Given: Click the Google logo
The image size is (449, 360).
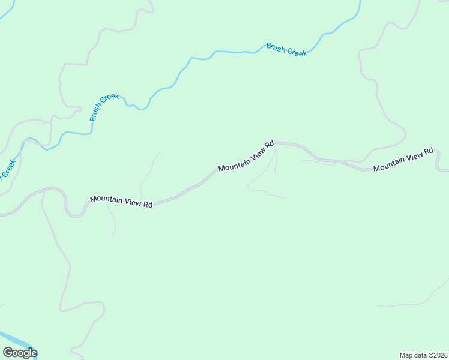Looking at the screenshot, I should point(20,353).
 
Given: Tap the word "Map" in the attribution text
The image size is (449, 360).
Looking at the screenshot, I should point(407,355).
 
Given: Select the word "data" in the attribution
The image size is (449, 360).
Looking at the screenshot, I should point(422,355).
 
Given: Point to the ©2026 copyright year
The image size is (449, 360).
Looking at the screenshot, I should point(438,355).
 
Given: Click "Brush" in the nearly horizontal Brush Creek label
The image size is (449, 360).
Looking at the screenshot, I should point(276,47).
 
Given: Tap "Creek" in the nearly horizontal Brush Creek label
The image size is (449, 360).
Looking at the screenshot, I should point(297,52).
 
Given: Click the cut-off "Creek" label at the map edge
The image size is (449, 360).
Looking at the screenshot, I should point(7,168).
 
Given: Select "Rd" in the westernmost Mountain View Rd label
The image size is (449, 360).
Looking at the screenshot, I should point(148,205).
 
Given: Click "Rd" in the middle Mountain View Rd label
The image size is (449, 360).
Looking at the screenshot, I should point(270,144).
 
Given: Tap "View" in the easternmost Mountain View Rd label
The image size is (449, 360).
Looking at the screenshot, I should point(414,158).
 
